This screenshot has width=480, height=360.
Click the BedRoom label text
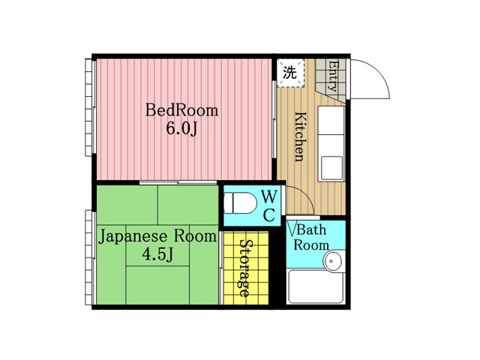[x=181, y=110]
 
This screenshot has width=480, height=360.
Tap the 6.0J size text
[x=181, y=128]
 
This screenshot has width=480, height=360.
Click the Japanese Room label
[x=157, y=237]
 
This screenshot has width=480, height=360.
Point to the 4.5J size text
[x=158, y=254]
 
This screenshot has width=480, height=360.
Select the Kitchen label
[x=300, y=136]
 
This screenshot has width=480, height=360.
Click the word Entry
[x=333, y=76]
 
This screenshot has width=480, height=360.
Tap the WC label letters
[x=269, y=205]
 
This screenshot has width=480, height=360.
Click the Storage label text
[x=247, y=268]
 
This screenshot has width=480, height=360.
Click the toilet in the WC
[x=240, y=202]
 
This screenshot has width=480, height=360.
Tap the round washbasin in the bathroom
[x=333, y=261]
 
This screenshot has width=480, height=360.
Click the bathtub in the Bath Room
[x=316, y=286]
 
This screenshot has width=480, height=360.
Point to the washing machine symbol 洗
[x=290, y=73]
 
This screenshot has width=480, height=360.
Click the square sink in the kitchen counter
[x=331, y=168]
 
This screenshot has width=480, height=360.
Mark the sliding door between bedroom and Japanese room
[x=178, y=183]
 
